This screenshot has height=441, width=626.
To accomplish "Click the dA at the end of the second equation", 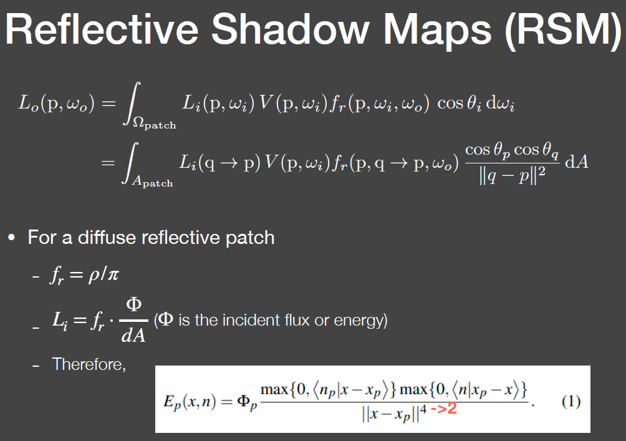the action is (575, 162).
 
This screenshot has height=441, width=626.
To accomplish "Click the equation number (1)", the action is (572, 400).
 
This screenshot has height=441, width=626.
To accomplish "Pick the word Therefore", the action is (89, 364).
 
